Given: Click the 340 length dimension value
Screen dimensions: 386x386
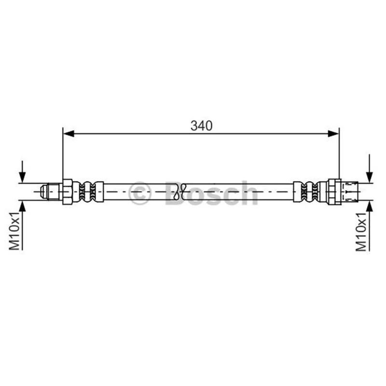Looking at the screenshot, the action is (201, 126).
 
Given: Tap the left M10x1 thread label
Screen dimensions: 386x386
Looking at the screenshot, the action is (14, 231).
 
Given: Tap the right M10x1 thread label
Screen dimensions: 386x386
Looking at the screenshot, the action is (361, 232).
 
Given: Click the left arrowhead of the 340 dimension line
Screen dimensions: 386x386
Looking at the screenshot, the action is (69, 134).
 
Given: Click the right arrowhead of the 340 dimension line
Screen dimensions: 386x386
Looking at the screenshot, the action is (333, 134).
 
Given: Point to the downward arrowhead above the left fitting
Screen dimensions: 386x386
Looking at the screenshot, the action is (22, 177).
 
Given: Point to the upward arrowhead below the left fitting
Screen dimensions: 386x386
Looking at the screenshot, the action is (22, 206).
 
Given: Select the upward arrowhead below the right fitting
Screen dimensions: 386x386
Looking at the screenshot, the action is (369, 206).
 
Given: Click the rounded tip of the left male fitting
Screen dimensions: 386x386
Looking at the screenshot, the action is (44, 192).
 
